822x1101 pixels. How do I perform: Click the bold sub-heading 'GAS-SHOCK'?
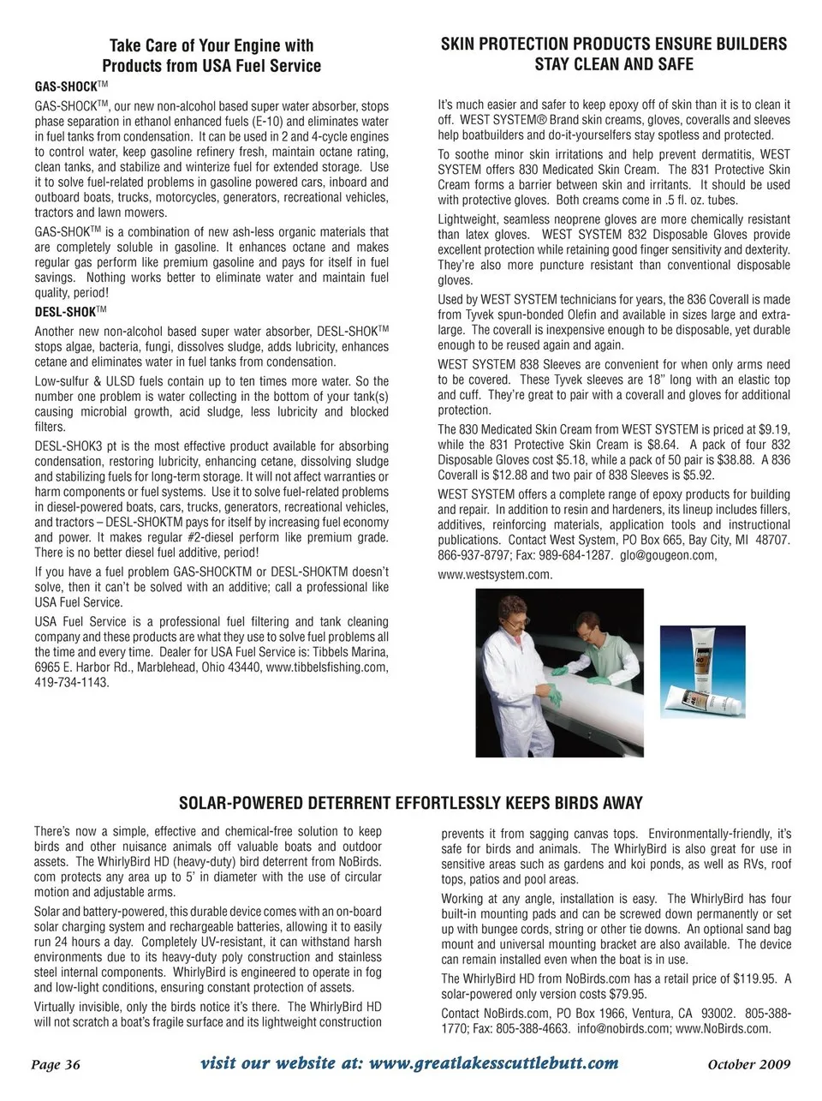tap(64, 87)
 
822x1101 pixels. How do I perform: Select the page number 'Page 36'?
tap(56, 1065)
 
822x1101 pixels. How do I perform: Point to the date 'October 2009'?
tap(749, 1065)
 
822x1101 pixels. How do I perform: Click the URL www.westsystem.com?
tap(495, 574)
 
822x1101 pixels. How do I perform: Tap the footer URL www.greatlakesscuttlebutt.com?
tap(492, 1063)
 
